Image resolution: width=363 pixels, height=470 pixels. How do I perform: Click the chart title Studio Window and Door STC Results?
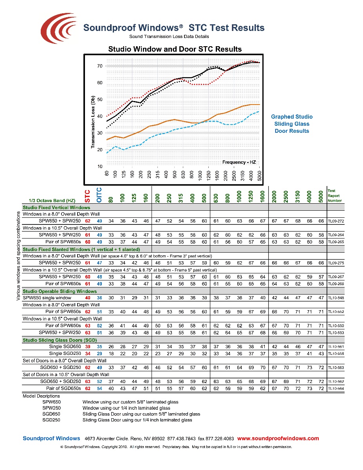click(175, 49)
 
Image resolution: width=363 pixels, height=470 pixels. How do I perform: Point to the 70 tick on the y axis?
click(100, 66)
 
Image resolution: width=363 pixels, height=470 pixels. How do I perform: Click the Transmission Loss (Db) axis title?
click(93, 123)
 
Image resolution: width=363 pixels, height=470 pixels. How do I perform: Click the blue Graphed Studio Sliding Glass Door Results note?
click(292, 124)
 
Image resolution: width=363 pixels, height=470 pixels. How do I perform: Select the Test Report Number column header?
click(334, 195)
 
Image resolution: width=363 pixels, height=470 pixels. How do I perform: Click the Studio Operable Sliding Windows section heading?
click(60, 291)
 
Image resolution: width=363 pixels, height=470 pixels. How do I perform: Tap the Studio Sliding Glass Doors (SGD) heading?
click(60, 340)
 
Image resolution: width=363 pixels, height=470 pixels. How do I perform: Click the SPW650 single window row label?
click(47, 298)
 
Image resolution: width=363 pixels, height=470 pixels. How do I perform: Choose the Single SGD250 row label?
click(65, 354)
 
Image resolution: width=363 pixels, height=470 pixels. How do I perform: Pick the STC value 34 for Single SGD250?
click(88, 354)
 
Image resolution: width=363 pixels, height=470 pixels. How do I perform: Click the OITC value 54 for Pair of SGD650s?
click(99, 389)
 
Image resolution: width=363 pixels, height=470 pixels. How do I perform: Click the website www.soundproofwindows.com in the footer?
click(278, 439)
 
